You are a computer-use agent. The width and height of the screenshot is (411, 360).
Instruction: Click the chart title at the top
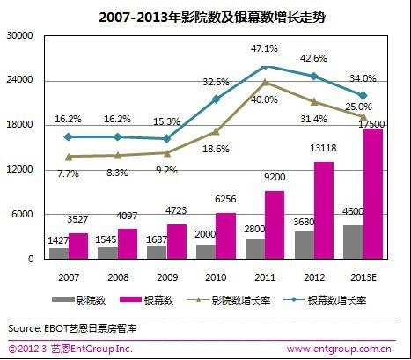click(204, 16)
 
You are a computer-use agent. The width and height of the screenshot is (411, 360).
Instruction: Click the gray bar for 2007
click(59, 253)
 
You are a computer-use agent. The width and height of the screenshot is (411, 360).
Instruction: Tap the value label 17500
click(395, 125)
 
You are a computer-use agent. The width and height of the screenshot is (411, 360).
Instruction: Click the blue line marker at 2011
click(265, 67)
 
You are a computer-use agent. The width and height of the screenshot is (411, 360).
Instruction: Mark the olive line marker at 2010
click(216, 132)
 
